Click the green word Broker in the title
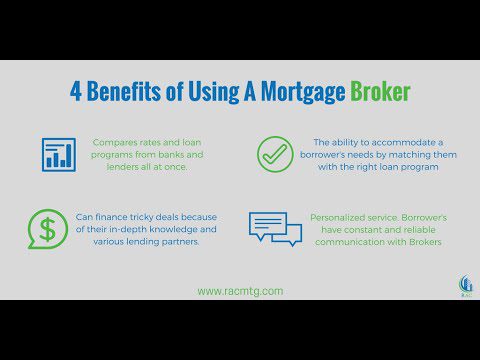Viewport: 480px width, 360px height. (x=380, y=91)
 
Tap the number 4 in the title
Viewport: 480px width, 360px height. (x=76, y=91)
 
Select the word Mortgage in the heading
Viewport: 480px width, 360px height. (x=303, y=92)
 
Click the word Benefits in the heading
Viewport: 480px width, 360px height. (x=124, y=91)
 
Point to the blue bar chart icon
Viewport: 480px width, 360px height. (x=59, y=155)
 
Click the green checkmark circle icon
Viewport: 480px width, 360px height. (x=275, y=154)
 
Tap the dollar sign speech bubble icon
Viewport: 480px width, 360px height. (x=48, y=229)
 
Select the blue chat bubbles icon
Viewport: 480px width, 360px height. (x=275, y=229)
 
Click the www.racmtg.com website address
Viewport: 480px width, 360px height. (x=240, y=291)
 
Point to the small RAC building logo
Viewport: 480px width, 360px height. (x=465, y=286)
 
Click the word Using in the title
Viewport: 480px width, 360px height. (x=214, y=92)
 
